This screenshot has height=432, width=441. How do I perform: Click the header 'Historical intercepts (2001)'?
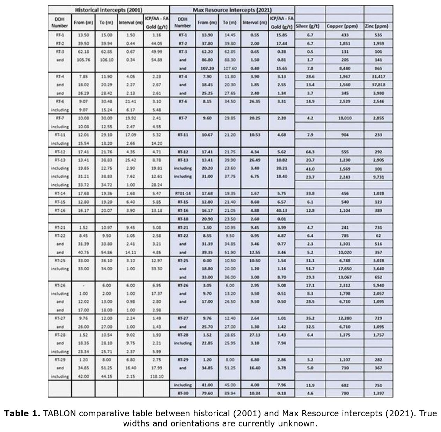[109, 10]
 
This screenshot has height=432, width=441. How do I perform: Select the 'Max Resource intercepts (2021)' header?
[232, 10]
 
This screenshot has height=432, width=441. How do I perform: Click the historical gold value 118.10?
[156, 376]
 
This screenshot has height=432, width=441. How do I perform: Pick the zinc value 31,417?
[378, 76]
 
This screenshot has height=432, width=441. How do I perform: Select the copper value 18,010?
[345, 118]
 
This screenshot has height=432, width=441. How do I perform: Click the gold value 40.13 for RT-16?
[281, 211]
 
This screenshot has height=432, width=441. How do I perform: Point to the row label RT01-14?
[183, 193]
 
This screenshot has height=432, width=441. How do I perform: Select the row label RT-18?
[183, 219]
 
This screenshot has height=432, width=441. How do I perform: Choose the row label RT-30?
[183, 393]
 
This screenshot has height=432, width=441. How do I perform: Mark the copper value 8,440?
[345, 68]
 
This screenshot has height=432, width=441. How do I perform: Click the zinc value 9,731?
[378, 177]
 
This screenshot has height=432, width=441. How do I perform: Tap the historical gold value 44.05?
[156, 44]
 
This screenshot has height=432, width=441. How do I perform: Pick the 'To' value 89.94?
[229, 393]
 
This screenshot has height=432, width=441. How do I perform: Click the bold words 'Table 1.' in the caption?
[22, 414]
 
